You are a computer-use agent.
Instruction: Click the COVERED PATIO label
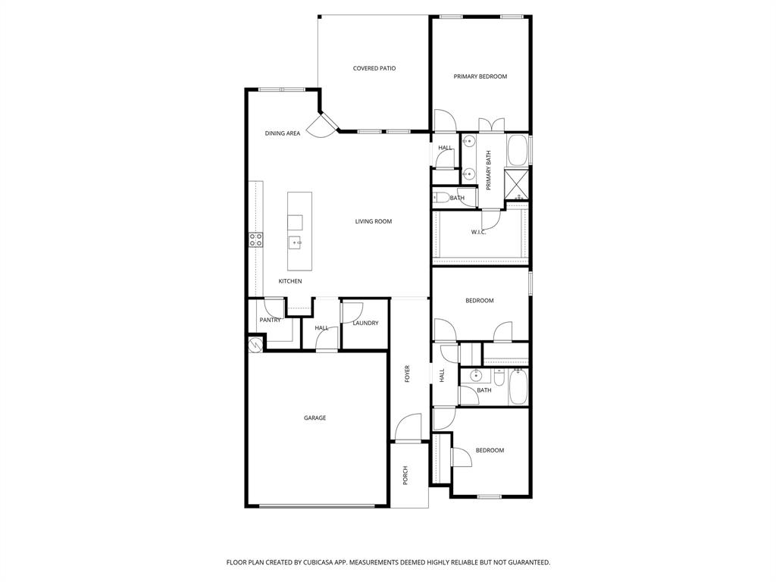click(374, 68)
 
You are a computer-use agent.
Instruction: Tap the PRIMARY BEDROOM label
click(480, 77)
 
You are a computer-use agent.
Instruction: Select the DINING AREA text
click(282, 133)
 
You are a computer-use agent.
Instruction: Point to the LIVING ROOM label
click(373, 221)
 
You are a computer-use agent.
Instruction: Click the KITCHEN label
click(289, 281)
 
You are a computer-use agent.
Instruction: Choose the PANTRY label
click(270, 320)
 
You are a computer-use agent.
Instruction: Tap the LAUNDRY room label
click(365, 323)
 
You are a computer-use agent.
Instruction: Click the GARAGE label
click(314, 418)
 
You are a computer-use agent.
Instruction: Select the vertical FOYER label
click(407, 373)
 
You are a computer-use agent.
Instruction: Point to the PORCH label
click(405, 475)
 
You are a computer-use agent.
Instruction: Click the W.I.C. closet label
click(478, 232)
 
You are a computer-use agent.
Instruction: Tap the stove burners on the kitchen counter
click(256, 240)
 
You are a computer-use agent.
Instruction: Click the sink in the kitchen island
click(295, 242)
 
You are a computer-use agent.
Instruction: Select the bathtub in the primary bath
click(518, 150)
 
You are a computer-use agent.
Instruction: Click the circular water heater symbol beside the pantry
click(255, 344)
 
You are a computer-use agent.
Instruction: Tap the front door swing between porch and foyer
click(409, 427)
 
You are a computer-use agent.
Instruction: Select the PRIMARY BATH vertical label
click(489, 170)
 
